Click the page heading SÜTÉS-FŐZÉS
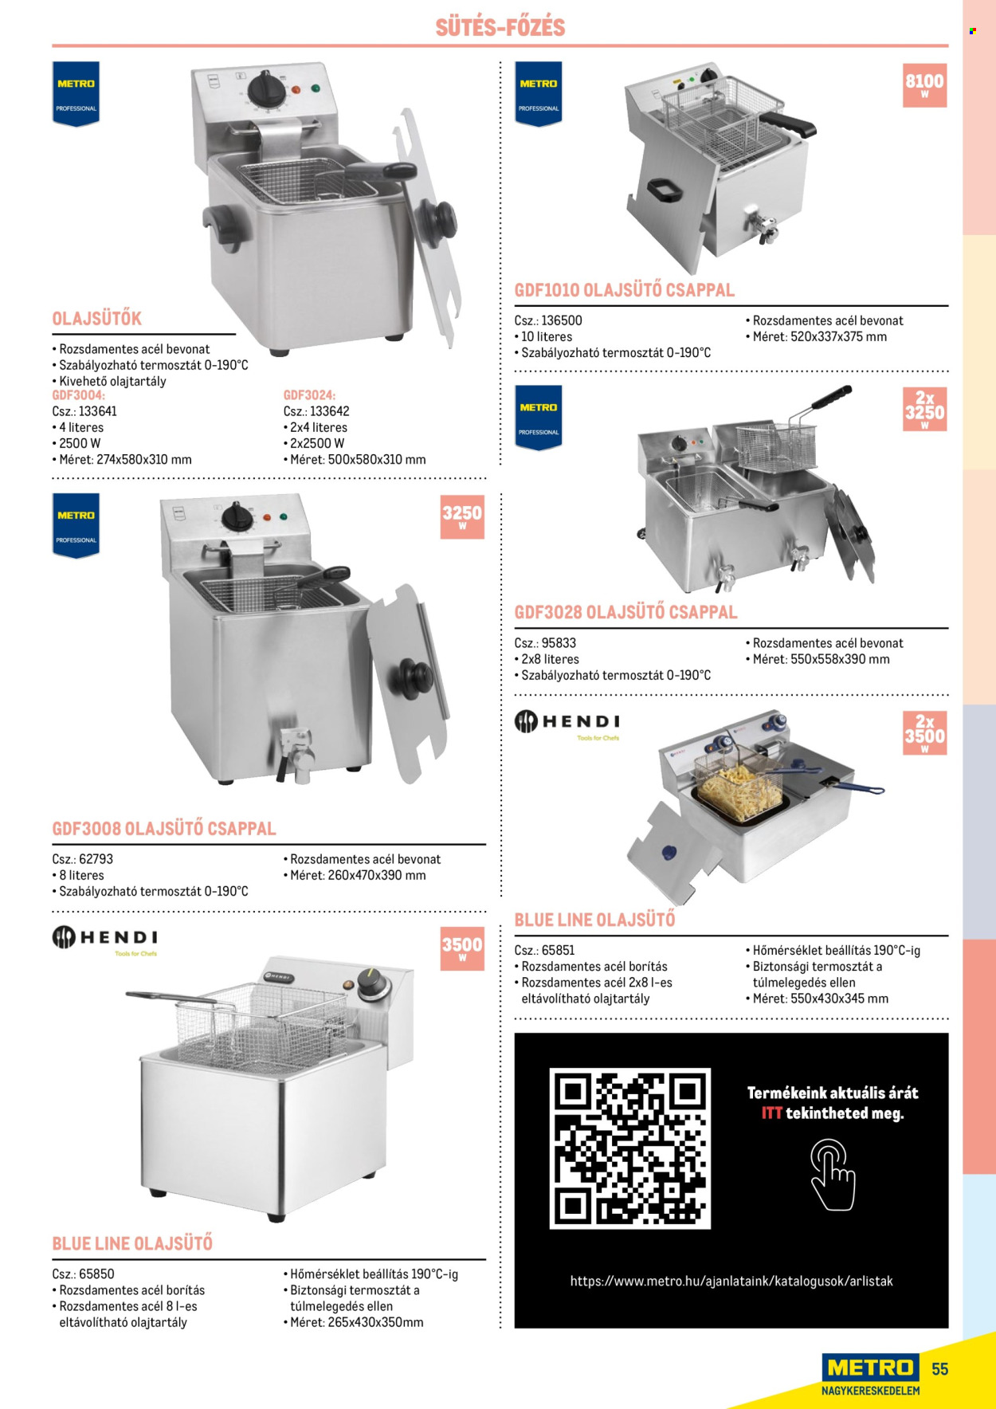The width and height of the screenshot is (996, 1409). (x=500, y=27)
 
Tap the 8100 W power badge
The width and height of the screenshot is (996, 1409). (x=924, y=84)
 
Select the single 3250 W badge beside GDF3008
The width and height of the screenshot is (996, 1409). (x=462, y=517)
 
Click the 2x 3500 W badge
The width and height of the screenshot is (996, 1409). (x=924, y=732)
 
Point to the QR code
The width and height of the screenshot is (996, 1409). (x=629, y=1148)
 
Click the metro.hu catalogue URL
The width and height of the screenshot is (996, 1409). (x=731, y=1281)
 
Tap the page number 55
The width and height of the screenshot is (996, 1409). (x=940, y=1368)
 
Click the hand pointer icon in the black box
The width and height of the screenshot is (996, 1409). (x=833, y=1174)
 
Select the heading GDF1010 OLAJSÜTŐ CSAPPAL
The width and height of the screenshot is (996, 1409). (x=625, y=290)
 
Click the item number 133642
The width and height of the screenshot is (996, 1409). (x=329, y=411)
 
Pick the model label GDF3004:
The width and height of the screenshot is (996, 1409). (x=78, y=395)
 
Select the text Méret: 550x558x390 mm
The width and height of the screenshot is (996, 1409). (x=821, y=659)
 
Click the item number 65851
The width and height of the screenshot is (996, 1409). (x=558, y=950)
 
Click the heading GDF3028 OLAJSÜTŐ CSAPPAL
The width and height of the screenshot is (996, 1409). (x=626, y=612)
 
